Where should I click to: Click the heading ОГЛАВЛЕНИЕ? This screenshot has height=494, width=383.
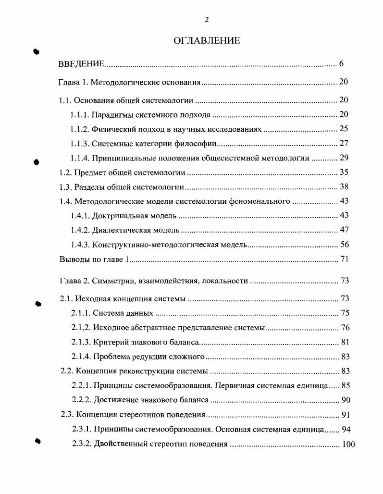[206, 41]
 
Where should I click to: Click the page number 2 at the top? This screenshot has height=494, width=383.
[207, 19]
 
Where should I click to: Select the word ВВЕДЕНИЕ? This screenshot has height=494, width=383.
[81, 63]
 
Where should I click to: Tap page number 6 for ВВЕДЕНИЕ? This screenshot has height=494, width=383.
[341, 63]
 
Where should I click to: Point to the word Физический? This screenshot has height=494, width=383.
[110, 129]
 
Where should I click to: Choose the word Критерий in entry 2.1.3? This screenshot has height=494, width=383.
[109, 342]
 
